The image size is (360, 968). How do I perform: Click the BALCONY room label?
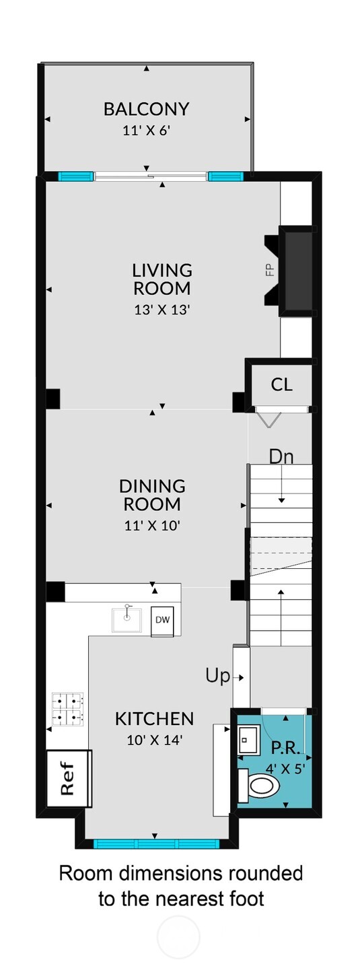146,108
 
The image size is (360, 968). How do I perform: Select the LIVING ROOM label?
161,279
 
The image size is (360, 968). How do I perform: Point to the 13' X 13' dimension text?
161,310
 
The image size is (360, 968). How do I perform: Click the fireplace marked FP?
296,271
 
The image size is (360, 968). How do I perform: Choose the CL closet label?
281,384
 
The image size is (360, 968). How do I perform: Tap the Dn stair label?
281,456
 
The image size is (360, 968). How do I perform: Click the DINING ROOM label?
151,495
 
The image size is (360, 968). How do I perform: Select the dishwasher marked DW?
162,620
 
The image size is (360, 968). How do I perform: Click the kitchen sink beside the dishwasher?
127,619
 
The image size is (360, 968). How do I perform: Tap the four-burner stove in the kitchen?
68,710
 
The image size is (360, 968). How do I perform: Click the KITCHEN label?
154,719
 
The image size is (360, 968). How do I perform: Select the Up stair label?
218,676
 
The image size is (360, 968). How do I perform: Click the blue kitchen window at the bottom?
156,843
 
